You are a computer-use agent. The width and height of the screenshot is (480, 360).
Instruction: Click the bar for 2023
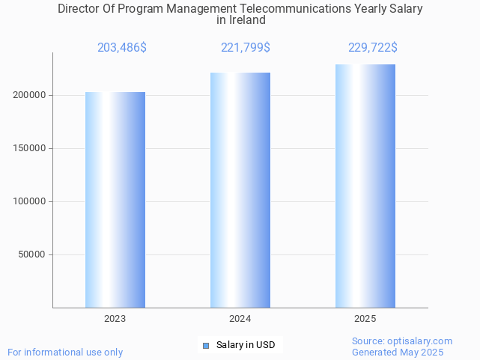coord(115,200)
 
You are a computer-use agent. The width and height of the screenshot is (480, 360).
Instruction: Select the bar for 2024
coord(240,190)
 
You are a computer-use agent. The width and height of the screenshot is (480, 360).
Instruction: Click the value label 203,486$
coord(122,48)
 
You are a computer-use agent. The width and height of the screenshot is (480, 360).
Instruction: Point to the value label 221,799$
coord(246,48)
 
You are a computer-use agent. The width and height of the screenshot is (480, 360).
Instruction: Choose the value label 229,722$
coord(373,48)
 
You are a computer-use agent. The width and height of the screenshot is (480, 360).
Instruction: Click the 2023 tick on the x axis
coord(115,319)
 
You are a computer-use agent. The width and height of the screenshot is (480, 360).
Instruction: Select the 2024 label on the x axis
coord(240,319)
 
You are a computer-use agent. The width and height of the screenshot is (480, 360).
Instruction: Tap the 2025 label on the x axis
coord(365,319)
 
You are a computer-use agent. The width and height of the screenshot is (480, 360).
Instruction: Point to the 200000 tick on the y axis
coord(30,96)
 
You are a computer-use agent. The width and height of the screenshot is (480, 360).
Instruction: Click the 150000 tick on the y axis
coord(30,148)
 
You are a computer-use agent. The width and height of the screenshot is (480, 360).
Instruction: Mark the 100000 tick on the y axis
coord(30,201)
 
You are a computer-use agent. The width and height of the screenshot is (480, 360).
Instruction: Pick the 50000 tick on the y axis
coord(33,254)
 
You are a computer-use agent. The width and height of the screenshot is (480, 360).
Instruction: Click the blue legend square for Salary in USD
coord(206,345)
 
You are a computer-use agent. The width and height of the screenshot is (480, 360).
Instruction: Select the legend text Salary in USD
coord(246,345)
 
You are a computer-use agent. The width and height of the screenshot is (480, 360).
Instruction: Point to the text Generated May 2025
coord(398,353)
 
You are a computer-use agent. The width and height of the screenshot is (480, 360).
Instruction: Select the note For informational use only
coord(65,353)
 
